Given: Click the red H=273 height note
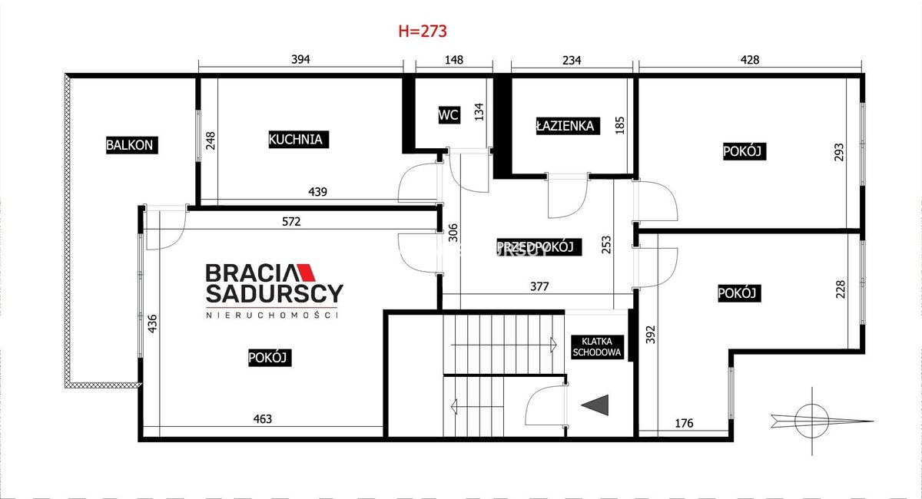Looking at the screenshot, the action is [x=423, y=31].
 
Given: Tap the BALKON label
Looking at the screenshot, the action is [x=131, y=145].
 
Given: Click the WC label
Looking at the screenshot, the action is [x=449, y=115].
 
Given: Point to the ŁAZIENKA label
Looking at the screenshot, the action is [x=568, y=126].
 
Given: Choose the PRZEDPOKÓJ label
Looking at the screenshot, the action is [x=539, y=247].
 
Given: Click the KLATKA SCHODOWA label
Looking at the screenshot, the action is [x=597, y=347].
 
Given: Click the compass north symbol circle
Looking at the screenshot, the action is [x=811, y=421].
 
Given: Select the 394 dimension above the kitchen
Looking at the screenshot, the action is [x=300, y=60].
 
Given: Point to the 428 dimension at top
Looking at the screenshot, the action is [x=750, y=60].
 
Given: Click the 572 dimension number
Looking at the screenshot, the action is [x=291, y=222].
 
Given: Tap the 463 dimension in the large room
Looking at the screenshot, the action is [x=263, y=419].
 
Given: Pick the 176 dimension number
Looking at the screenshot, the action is [x=684, y=423].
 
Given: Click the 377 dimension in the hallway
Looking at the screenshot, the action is [x=539, y=286].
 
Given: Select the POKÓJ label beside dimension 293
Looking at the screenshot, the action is [x=745, y=151].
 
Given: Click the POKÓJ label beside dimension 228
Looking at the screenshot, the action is [x=739, y=293].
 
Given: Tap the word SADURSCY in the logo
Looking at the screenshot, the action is [x=274, y=293].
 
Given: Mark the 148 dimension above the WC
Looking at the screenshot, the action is [x=454, y=60].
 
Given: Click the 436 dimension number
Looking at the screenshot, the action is [x=152, y=324].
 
